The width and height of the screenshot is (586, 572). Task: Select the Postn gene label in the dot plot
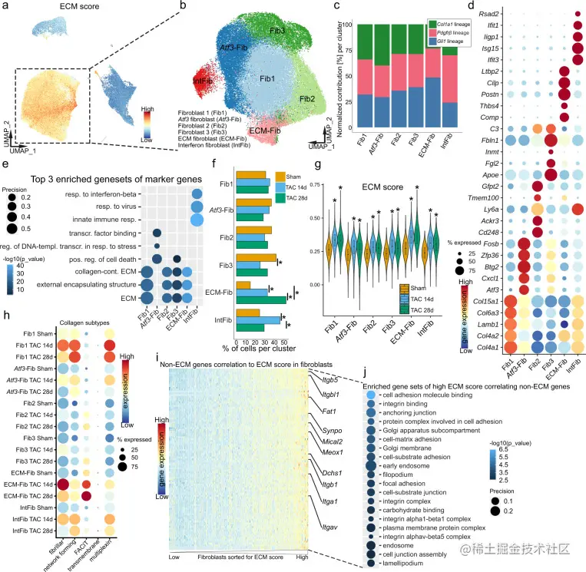coord(486,94)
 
